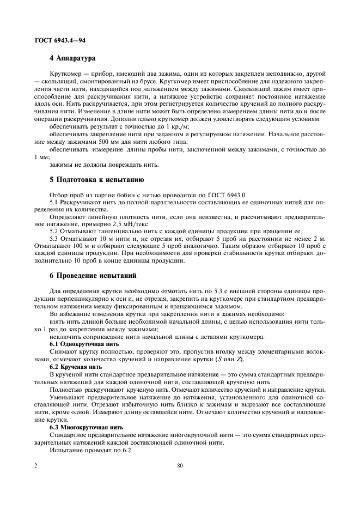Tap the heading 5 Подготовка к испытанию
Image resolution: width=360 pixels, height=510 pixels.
96,179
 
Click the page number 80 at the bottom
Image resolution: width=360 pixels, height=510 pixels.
180,466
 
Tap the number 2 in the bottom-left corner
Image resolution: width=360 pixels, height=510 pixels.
35,466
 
